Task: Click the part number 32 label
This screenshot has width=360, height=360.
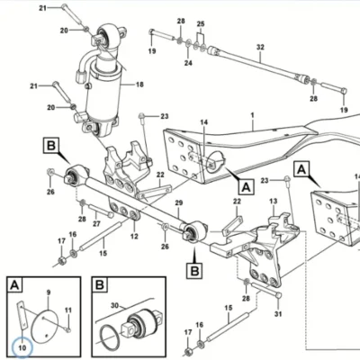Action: pyautogui.click(x=260, y=48)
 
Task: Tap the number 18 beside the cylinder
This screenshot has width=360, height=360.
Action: pyautogui.click(x=139, y=85)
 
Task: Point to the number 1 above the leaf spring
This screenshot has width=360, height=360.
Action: pyautogui.click(x=253, y=115)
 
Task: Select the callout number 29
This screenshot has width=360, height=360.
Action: pyautogui.click(x=179, y=203)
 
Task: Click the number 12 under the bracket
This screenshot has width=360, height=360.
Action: pyautogui.click(x=134, y=237)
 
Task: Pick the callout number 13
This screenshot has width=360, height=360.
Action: pyautogui.click(x=274, y=202)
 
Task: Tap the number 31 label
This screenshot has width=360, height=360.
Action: pyautogui.click(x=278, y=314)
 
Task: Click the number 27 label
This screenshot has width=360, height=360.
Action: pyautogui.click(x=96, y=224)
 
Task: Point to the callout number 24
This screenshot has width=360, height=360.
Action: pyautogui.click(x=188, y=63)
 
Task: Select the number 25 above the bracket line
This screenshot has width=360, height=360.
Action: pyautogui.click(x=201, y=24)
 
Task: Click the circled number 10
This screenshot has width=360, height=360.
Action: pyautogui.click(x=22, y=347)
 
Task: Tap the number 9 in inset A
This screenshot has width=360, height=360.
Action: pyautogui.click(x=49, y=292)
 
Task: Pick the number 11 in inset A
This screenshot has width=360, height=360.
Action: pyautogui.click(x=68, y=310)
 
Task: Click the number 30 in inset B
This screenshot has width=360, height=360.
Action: pyautogui.click(x=115, y=306)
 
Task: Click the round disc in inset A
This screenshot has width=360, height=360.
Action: pyautogui.click(x=45, y=326)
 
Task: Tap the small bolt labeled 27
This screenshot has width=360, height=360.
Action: pyautogui.click(x=101, y=211)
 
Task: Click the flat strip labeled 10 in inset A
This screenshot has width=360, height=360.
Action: pyautogui.click(x=22, y=314)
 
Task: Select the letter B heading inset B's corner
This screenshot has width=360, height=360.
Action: pyautogui.click(x=100, y=284)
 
